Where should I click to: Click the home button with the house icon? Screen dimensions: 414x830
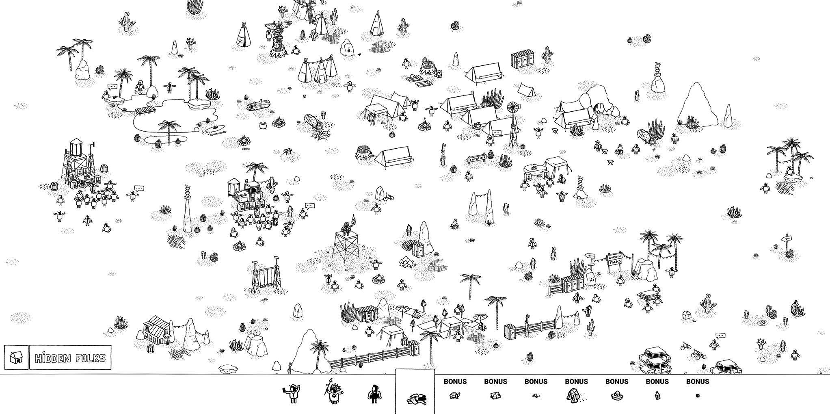(x=16, y=358)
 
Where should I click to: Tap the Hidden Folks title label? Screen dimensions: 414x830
(x=70, y=358)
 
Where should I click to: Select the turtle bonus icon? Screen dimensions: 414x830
(x=455, y=395)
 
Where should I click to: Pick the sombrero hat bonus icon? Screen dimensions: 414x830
(x=616, y=395)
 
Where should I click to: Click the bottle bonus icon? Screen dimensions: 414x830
(x=657, y=395)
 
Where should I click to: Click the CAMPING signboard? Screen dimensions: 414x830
(x=477, y=159)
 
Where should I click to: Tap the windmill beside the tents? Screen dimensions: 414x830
(x=514, y=122)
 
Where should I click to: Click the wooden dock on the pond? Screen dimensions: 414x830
(x=145, y=110)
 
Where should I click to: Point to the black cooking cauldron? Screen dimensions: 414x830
(x=264, y=125)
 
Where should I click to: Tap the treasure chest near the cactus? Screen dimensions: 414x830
(x=687, y=315)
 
